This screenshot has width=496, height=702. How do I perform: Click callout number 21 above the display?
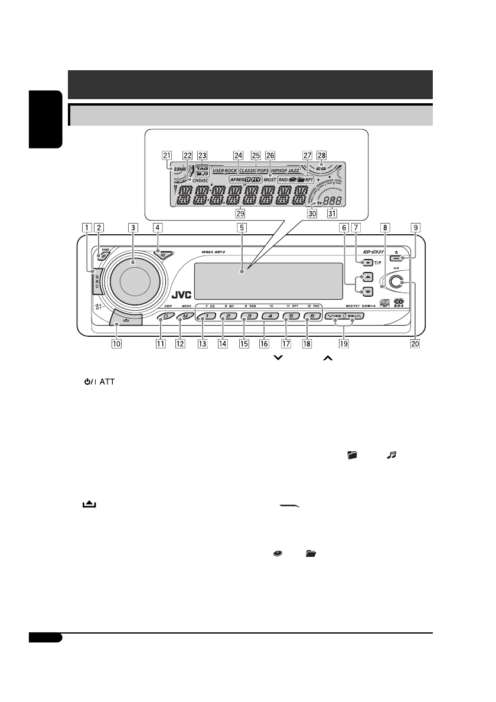(x=165, y=155)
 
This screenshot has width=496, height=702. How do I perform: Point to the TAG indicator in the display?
(x=203, y=167)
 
